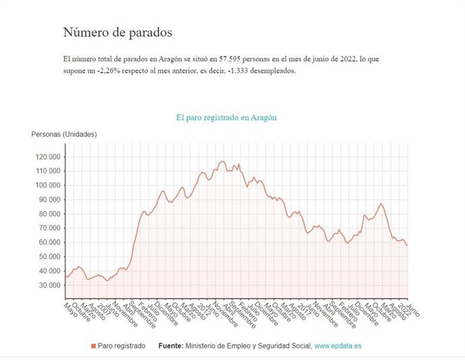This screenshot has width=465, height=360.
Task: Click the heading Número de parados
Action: [x=117, y=32]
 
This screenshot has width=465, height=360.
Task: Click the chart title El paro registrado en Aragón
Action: [x=226, y=117]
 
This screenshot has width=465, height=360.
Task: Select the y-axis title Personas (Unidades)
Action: [x=64, y=134]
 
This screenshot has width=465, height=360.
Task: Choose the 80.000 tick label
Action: [x=47, y=214]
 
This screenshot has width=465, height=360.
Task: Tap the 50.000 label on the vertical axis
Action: [x=47, y=257]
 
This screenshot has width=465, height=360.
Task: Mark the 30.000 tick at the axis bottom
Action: [x=47, y=285]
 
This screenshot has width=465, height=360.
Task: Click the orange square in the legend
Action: [x=93, y=346]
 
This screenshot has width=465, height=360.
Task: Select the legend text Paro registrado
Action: [x=121, y=346]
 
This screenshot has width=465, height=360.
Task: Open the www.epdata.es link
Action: [x=338, y=346]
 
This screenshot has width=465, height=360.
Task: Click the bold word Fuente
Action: [x=171, y=346]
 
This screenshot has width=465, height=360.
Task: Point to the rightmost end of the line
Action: [x=407, y=245]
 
